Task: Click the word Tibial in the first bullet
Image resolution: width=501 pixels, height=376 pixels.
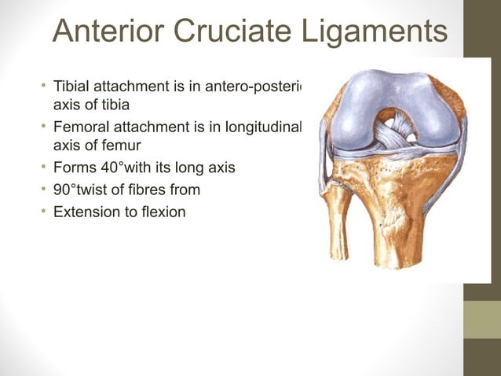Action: point(72,86)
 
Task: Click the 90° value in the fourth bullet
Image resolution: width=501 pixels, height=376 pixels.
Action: point(67,189)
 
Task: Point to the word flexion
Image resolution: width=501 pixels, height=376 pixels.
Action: point(163,211)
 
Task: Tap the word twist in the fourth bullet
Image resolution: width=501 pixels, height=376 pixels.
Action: point(102,189)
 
